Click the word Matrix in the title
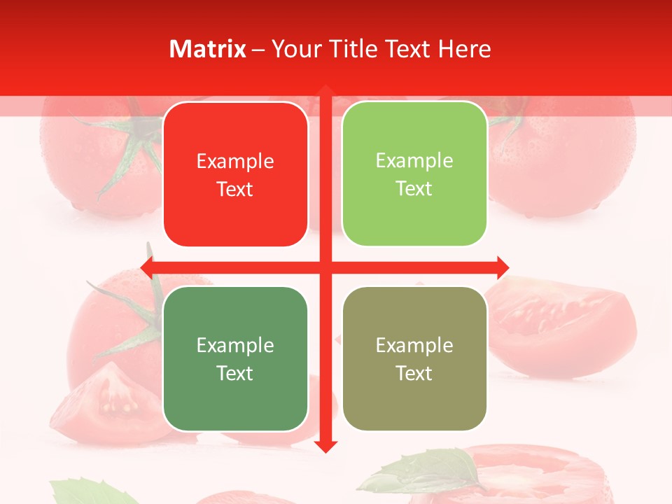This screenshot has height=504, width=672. (208, 49)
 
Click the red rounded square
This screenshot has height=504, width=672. (235, 174)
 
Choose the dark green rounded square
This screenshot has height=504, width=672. (235, 358)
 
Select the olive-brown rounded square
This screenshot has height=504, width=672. (414, 358)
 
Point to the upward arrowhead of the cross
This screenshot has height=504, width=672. (325, 91)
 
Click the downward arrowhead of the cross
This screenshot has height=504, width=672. (325, 446)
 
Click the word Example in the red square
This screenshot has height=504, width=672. (235, 162)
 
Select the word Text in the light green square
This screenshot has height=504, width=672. (414, 189)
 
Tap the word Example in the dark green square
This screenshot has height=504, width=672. (235, 345)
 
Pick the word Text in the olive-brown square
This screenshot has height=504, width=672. (414, 373)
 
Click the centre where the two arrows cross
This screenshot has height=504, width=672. (325, 267)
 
